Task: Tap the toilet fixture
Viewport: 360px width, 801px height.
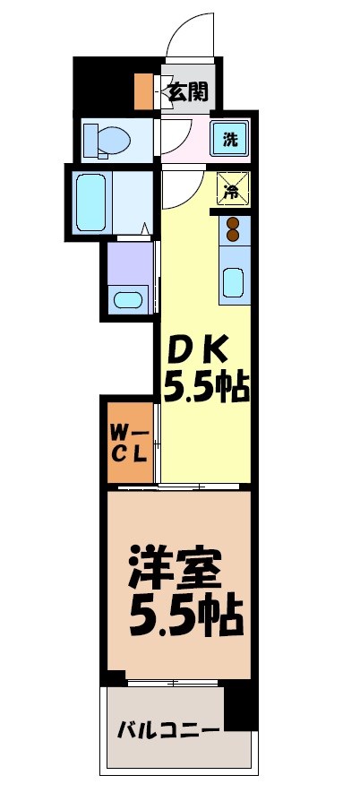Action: [x=105, y=140]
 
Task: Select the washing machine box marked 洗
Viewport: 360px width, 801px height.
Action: [x=230, y=139]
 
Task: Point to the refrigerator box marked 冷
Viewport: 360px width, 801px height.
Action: [x=230, y=189]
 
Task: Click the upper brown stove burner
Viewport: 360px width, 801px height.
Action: [x=234, y=223]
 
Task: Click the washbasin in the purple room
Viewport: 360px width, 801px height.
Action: [x=129, y=299]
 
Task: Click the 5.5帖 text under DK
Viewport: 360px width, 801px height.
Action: [x=204, y=389]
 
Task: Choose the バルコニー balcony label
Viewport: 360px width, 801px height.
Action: [x=167, y=730]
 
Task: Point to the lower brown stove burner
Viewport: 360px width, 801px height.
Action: [x=234, y=236]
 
